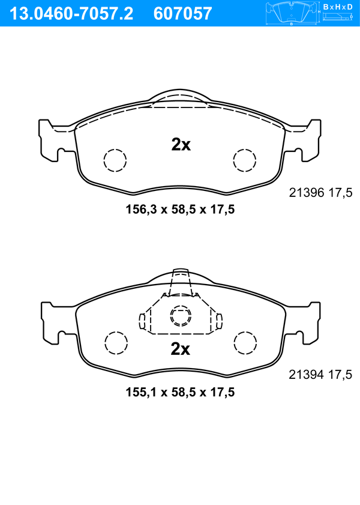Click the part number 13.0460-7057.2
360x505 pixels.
[x=71, y=14]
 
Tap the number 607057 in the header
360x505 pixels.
[x=183, y=14]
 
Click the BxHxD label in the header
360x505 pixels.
[x=338, y=7]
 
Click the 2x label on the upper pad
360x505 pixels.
[x=181, y=145]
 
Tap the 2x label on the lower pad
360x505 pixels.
[x=181, y=348]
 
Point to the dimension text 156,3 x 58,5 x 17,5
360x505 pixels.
[x=180, y=210]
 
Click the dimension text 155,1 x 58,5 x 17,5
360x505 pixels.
[x=180, y=392]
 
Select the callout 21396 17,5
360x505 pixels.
[x=321, y=193]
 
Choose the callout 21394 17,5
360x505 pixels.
[x=321, y=375]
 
